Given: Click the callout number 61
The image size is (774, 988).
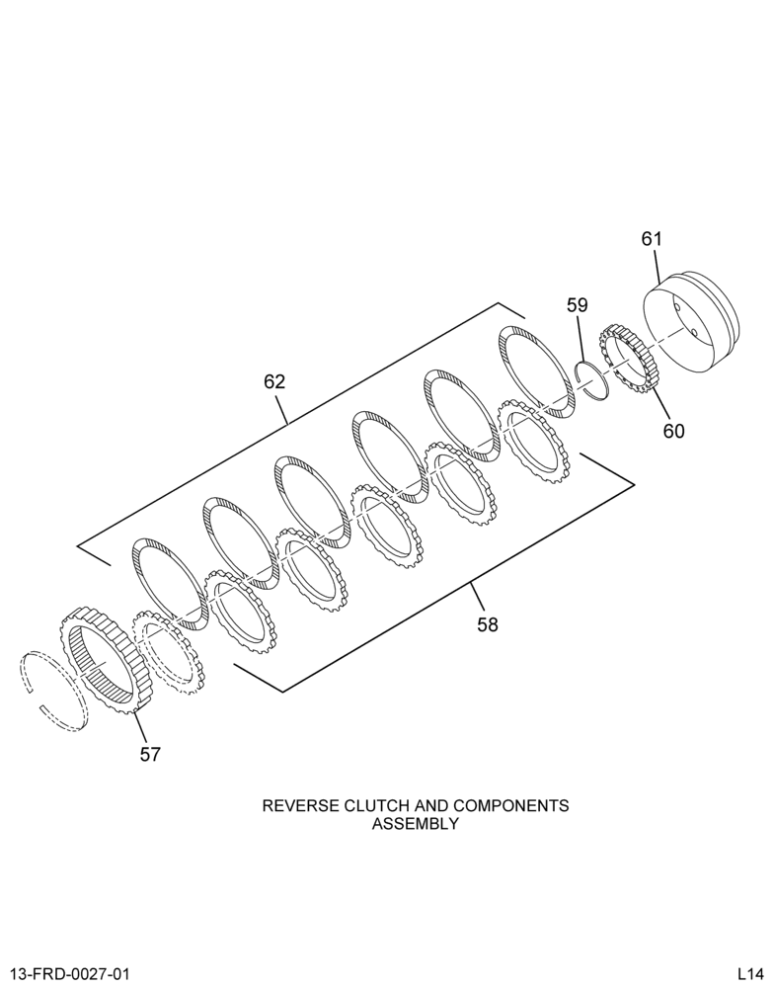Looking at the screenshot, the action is [x=652, y=239].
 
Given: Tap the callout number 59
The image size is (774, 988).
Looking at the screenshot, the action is [x=577, y=305].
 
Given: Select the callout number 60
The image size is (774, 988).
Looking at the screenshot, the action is [x=673, y=432].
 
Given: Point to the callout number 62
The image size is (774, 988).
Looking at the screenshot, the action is [x=274, y=381].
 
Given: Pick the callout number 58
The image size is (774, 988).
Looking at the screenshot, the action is [x=488, y=625].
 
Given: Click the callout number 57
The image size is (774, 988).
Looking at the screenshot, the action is [x=150, y=754].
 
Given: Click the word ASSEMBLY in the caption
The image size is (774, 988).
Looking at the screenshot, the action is [x=415, y=824].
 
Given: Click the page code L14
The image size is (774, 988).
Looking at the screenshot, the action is [x=751, y=974].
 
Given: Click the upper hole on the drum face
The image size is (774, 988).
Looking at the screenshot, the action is [x=677, y=307].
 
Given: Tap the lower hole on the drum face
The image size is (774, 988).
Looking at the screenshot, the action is [x=692, y=332].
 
